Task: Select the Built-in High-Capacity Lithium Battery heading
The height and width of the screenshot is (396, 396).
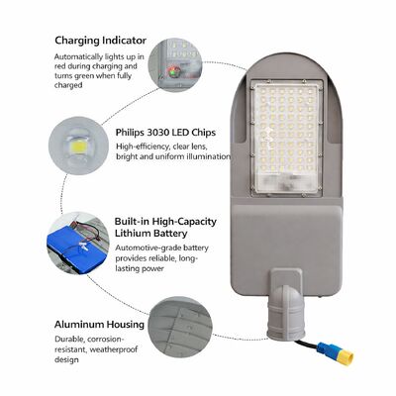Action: click(167, 226)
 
